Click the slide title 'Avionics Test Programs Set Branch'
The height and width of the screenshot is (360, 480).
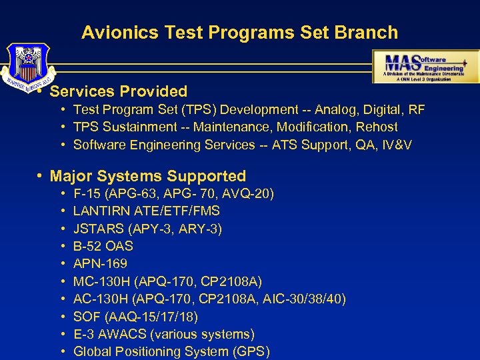[x=239, y=32]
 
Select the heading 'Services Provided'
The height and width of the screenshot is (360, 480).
[x=119, y=91]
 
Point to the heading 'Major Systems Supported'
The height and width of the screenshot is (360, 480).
[x=148, y=176]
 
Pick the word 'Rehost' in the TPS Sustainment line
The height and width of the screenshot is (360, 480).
[x=375, y=127]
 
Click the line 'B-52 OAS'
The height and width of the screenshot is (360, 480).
[x=103, y=246]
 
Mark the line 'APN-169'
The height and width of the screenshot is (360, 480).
[x=100, y=263]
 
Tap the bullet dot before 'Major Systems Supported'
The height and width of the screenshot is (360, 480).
[x=41, y=176]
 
